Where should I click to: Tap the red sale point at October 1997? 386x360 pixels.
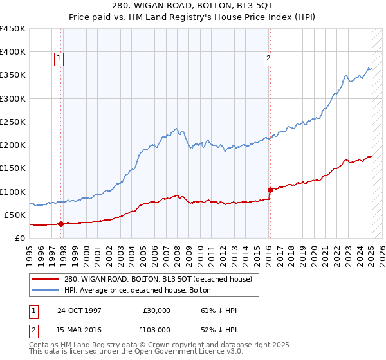point(61,224)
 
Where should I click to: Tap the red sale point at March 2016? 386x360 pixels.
point(270,190)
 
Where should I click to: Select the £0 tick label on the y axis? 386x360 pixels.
point(19,238)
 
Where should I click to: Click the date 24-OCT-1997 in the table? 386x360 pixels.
point(79,310)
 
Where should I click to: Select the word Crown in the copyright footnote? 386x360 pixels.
point(165,345)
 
